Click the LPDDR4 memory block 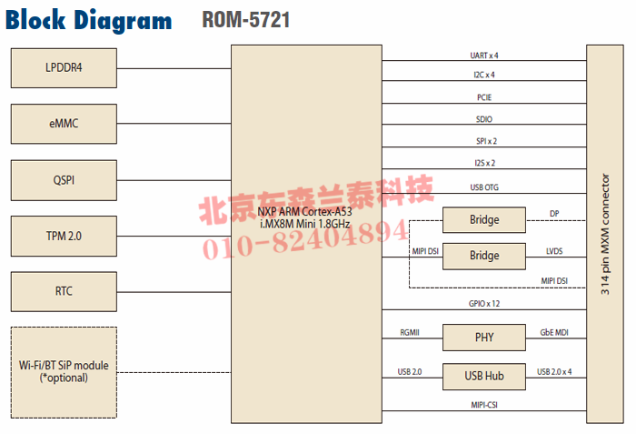pyautogui.click(x=64, y=67)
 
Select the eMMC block pyautogui.click(x=64, y=124)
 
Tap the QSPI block pyautogui.click(x=64, y=180)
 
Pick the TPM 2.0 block pyautogui.click(x=64, y=236)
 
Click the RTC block pyautogui.click(x=64, y=291)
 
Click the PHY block pyautogui.click(x=483, y=338)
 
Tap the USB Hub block pyautogui.click(x=483, y=375)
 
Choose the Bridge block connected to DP pyautogui.click(x=483, y=219)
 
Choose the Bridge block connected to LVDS pyautogui.click(x=483, y=256)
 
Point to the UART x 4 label pyautogui.click(x=483, y=55)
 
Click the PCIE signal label pyautogui.click(x=483, y=97)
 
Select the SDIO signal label pyautogui.click(x=483, y=119)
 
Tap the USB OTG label pyautogui.click(x=483, y=187)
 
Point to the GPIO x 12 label pyautogui.click(x=483, y=304)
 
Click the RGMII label pyautogui.click(x=409, y=332)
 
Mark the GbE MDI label pyautogui.click(x=554, y=332)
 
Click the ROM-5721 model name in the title pyautogui.click(x=246, y=19)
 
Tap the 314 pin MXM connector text pyautogui.click(x=605, y=233)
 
